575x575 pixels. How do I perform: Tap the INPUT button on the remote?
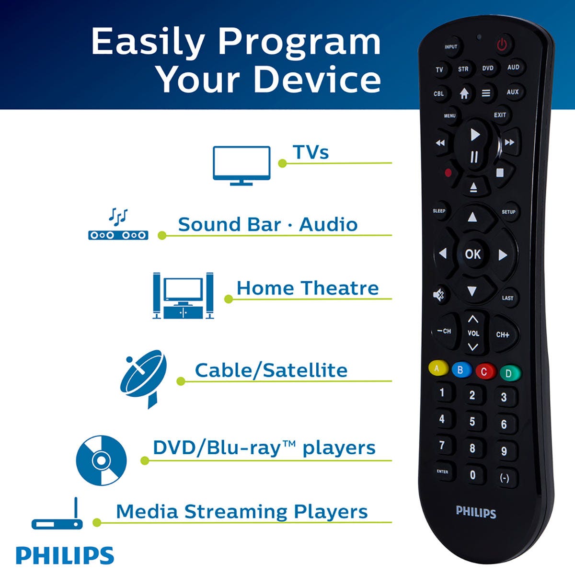coord(451,46)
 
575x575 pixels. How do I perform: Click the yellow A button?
coord(437,368)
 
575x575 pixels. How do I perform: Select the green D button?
coord(509,373)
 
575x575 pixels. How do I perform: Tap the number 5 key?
coord(472,422)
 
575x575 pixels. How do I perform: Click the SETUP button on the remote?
coord(508,212)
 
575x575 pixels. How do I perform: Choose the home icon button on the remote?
coord(464,94)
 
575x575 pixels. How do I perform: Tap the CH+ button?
coord(503,334)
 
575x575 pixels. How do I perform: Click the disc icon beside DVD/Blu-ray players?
coord(101,460)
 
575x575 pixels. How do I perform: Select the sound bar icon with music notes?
coord(118,225)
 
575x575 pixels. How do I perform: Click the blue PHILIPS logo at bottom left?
coord(65,555)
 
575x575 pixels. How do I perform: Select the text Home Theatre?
coord(307,288)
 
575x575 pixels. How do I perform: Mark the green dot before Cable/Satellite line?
coord(181,381)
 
